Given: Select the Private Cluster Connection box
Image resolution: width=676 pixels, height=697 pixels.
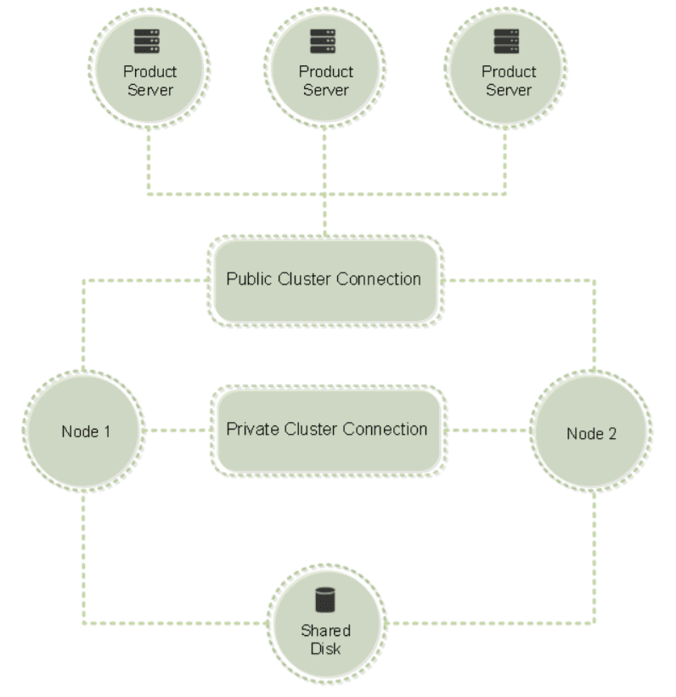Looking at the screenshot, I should (327, 429).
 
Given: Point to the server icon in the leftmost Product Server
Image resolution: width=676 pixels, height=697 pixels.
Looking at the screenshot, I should (148, 42).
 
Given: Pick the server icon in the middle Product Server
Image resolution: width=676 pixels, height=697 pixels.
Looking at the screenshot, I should (324, 42).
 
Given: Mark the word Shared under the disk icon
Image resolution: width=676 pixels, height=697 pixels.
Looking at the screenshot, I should (326, 632).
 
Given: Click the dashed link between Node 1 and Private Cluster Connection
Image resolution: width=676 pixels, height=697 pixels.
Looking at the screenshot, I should (176, 430).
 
